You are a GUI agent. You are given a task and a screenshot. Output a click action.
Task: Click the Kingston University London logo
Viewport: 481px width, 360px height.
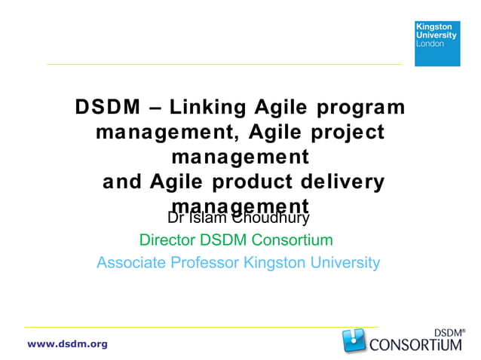coord(437,43)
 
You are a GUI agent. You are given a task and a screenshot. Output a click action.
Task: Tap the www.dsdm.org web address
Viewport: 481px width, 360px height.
coord(67,344)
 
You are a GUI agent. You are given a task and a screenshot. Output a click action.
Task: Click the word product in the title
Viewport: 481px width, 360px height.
coord(256,182)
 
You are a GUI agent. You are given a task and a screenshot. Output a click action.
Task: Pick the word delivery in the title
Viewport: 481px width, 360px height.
coord(345,182)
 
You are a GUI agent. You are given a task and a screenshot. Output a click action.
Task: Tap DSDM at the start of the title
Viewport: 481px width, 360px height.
coord(108,108)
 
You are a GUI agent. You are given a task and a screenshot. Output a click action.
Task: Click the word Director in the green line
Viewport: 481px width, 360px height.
coord(167,240)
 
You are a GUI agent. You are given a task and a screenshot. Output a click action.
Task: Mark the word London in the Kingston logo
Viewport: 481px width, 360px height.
coord(430,44)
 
